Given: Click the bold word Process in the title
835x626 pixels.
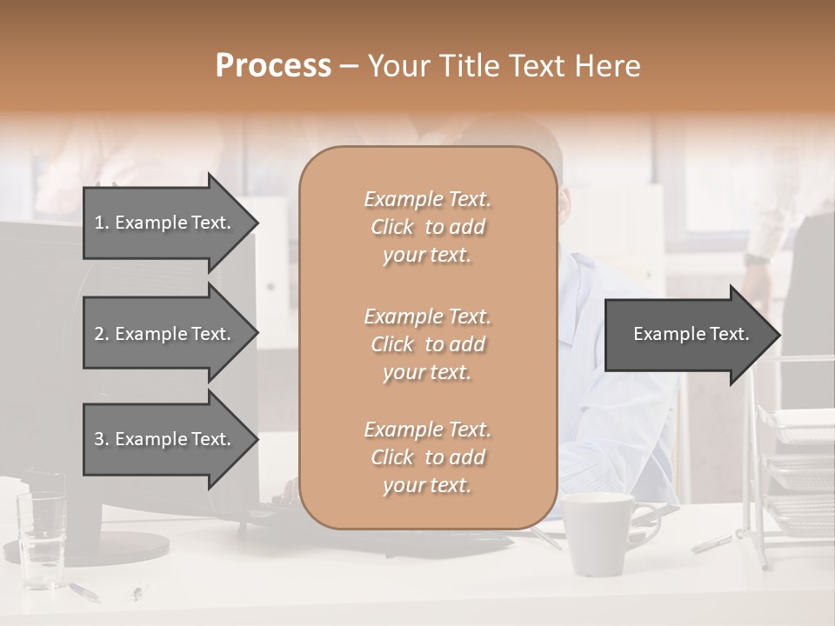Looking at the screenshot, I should tap(273, 66).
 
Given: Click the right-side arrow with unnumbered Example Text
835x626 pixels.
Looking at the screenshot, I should tap(691, 334).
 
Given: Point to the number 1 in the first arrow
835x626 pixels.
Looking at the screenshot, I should tap(99, 223).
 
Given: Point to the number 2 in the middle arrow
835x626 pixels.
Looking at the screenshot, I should tap(99, 334).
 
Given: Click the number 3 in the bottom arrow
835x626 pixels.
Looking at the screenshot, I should tap(99, 439).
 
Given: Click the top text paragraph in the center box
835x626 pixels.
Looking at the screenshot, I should tap(427, 227).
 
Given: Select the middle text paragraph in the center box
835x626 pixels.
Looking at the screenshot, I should tap(427, 344).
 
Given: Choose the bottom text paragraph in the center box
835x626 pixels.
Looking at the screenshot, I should tap(427, 457).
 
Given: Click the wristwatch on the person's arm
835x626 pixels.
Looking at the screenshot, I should tap(758, 259).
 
